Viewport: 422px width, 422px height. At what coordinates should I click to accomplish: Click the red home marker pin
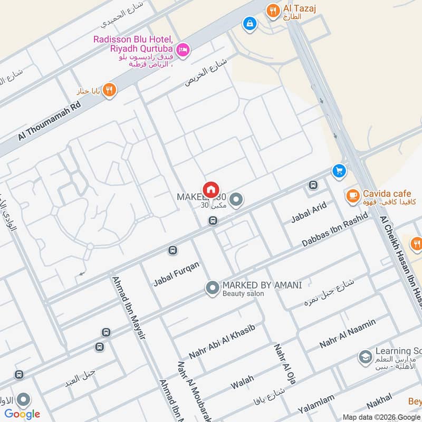click(210, 189)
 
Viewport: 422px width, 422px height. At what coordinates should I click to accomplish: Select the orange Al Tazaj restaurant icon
click(273, 11)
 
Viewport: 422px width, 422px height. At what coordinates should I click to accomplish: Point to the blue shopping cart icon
click(339, 171)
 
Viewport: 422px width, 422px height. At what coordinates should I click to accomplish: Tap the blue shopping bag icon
click(249, 23)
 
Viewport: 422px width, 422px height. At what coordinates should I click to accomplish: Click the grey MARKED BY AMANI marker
click(213, 288)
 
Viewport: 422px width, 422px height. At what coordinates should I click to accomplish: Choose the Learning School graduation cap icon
click(365, 358)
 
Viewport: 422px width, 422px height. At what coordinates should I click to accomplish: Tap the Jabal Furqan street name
click(176, 274)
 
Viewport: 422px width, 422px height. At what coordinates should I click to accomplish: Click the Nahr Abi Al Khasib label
click(222, 341)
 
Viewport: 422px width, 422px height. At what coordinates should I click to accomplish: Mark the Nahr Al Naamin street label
click(348, 333)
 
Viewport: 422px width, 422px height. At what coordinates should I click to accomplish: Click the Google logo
click(23, 414)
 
